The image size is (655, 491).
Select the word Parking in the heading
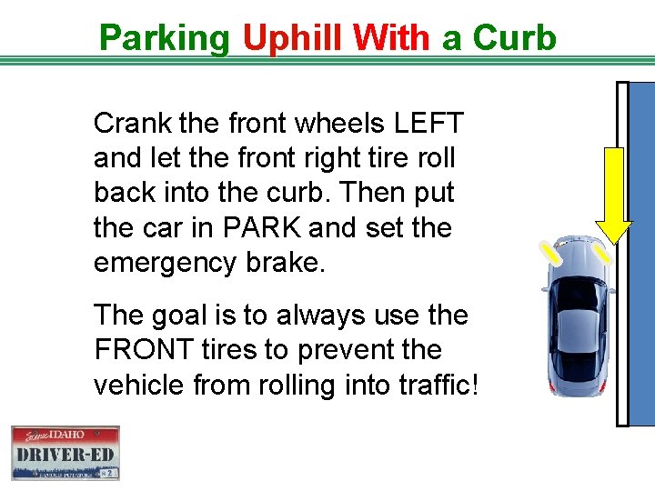pos(165,38)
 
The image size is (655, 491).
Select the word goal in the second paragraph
pos(183,316)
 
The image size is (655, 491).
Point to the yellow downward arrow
pos(614,195)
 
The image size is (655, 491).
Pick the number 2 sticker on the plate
pos(108,473)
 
